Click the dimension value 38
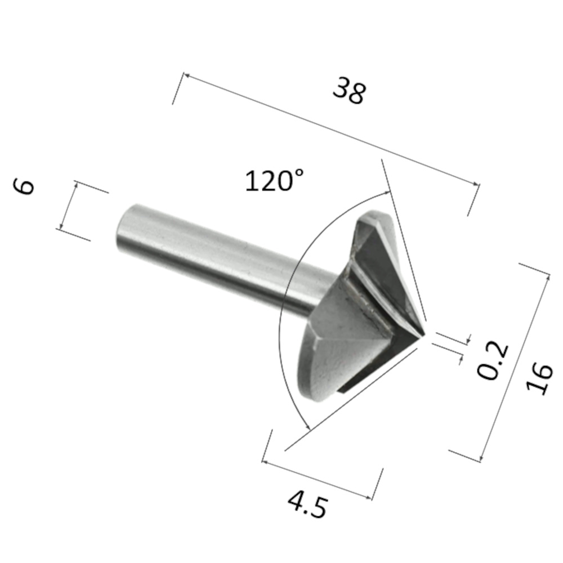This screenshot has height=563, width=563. click(349, 91)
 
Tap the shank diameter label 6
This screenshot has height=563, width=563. click(25, 186)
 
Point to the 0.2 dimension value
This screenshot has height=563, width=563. click(493, 361)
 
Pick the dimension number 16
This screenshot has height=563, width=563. click(539, 378)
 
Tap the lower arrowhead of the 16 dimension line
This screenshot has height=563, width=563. click(481, 458)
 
